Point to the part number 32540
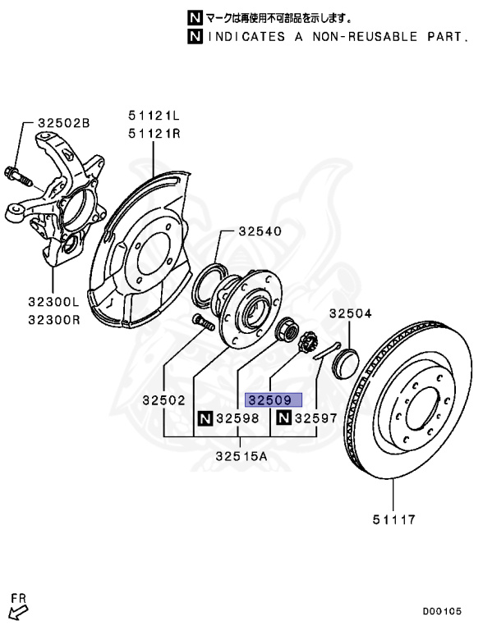click(261, 232)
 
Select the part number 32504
click(351, 313)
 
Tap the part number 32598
click(238, 419)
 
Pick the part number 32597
click(316, 419)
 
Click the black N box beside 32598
click(203, 419)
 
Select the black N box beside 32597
click(283, 419)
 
